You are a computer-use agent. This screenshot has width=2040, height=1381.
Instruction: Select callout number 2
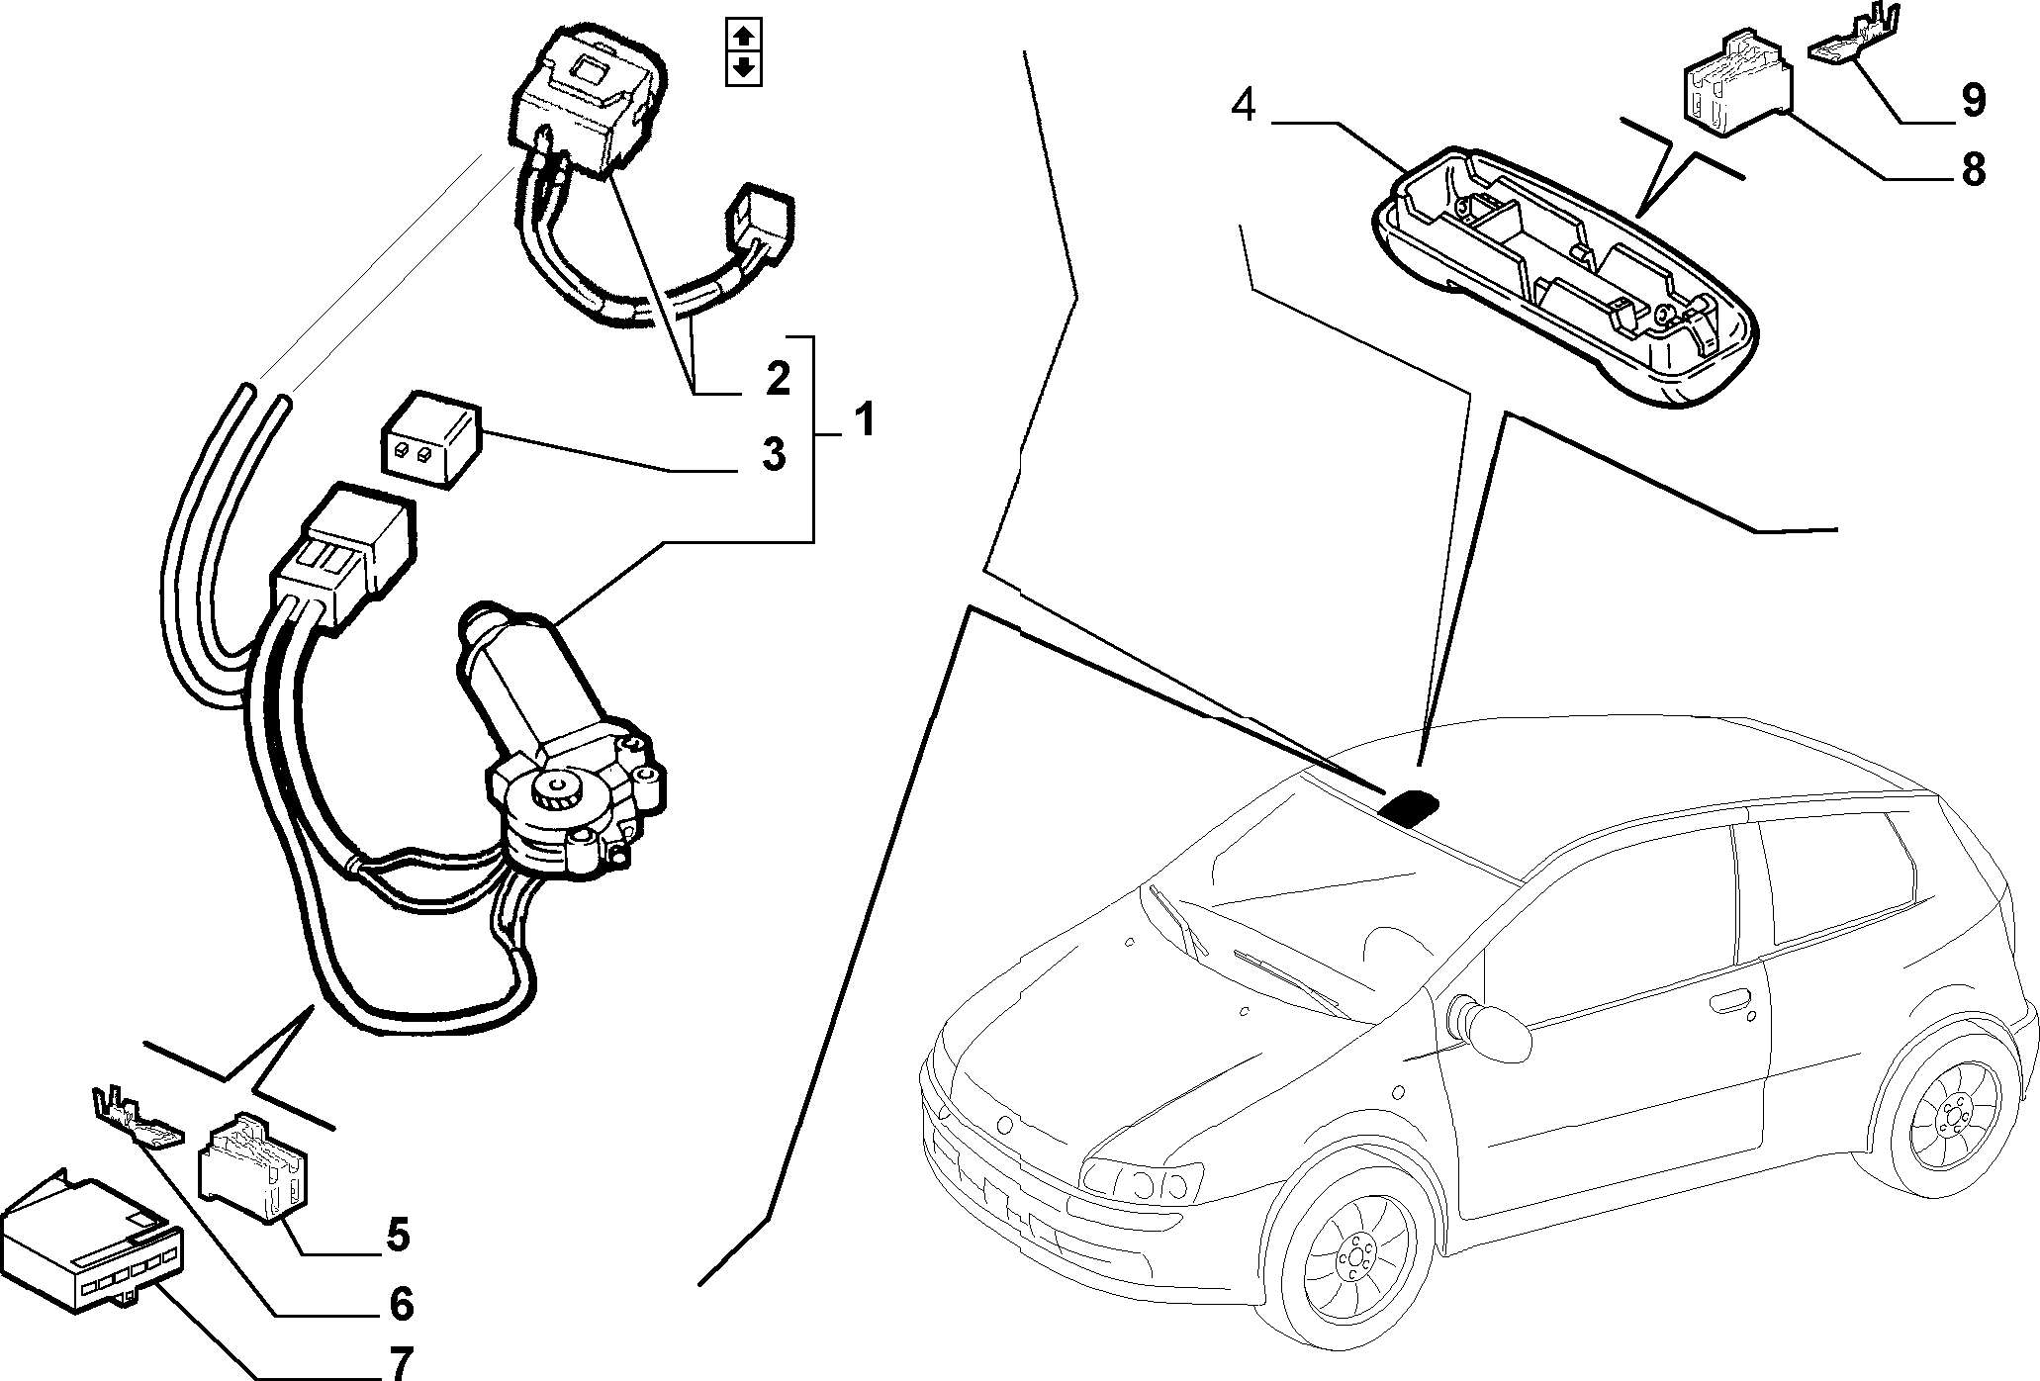click(x=778, y=379)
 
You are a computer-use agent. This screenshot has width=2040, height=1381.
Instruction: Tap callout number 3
click(x=774, y=454)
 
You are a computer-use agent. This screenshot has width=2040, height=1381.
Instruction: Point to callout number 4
click(x=1244, y=106)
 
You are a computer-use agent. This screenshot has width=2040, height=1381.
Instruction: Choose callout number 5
click(x=398, y=1236)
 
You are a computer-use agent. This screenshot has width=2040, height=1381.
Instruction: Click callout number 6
click(x=401, y=1304)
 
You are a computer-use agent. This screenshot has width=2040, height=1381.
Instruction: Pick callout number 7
click(x=400, y=1363)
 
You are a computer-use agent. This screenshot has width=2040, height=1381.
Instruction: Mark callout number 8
click(x=1973, y=170)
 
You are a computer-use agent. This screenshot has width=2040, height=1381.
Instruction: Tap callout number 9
click(x=1973, y=100)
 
